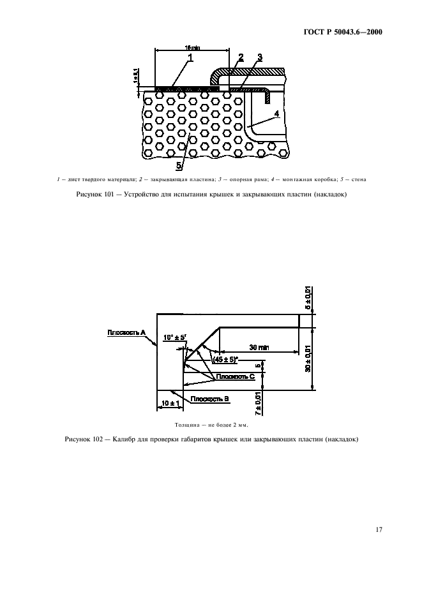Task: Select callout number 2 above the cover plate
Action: (241, 58)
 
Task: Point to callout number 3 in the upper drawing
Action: (260, 58)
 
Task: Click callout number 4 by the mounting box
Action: (276, 114)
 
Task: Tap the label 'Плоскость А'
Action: (127, 332)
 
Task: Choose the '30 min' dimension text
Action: (259, 347)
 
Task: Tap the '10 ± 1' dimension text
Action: (168, 403)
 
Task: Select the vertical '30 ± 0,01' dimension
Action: (308, 359)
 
